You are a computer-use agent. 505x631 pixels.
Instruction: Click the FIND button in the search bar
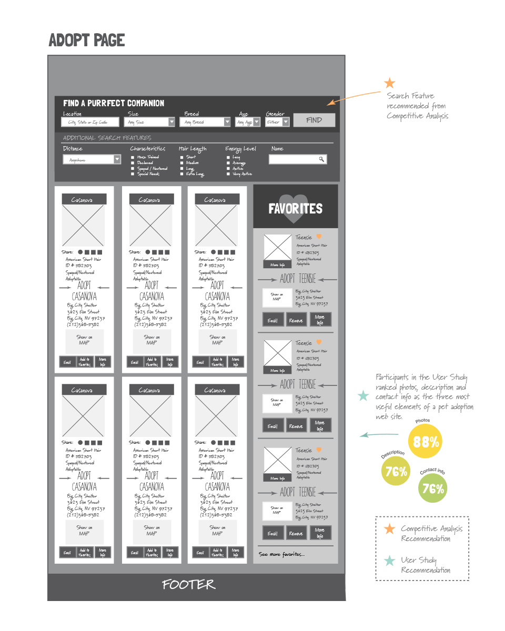314,120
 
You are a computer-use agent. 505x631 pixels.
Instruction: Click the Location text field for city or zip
92,122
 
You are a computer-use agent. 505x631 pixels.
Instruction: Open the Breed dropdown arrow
227,122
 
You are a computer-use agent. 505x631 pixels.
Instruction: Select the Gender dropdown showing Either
278,122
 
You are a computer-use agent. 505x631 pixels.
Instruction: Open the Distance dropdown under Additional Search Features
117,159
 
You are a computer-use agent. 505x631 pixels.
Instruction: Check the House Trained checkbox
133,157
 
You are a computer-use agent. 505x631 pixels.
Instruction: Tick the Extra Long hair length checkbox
181,174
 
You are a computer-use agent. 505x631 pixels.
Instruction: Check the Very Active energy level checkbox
228,174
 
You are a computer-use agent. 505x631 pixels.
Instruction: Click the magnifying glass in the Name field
321,159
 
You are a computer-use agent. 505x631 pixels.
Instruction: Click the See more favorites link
281,554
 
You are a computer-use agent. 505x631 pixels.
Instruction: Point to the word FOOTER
188,585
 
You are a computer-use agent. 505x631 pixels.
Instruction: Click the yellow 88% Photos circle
425,441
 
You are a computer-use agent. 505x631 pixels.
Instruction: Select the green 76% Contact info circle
433,488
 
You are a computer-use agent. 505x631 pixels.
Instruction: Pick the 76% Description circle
396,471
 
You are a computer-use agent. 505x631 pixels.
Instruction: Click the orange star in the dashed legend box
389,529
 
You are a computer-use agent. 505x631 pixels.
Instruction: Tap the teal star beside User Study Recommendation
389,561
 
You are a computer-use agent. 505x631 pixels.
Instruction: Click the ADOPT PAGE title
87,40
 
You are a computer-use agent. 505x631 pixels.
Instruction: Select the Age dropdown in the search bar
248,122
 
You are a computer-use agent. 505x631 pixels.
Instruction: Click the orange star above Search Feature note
389,83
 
